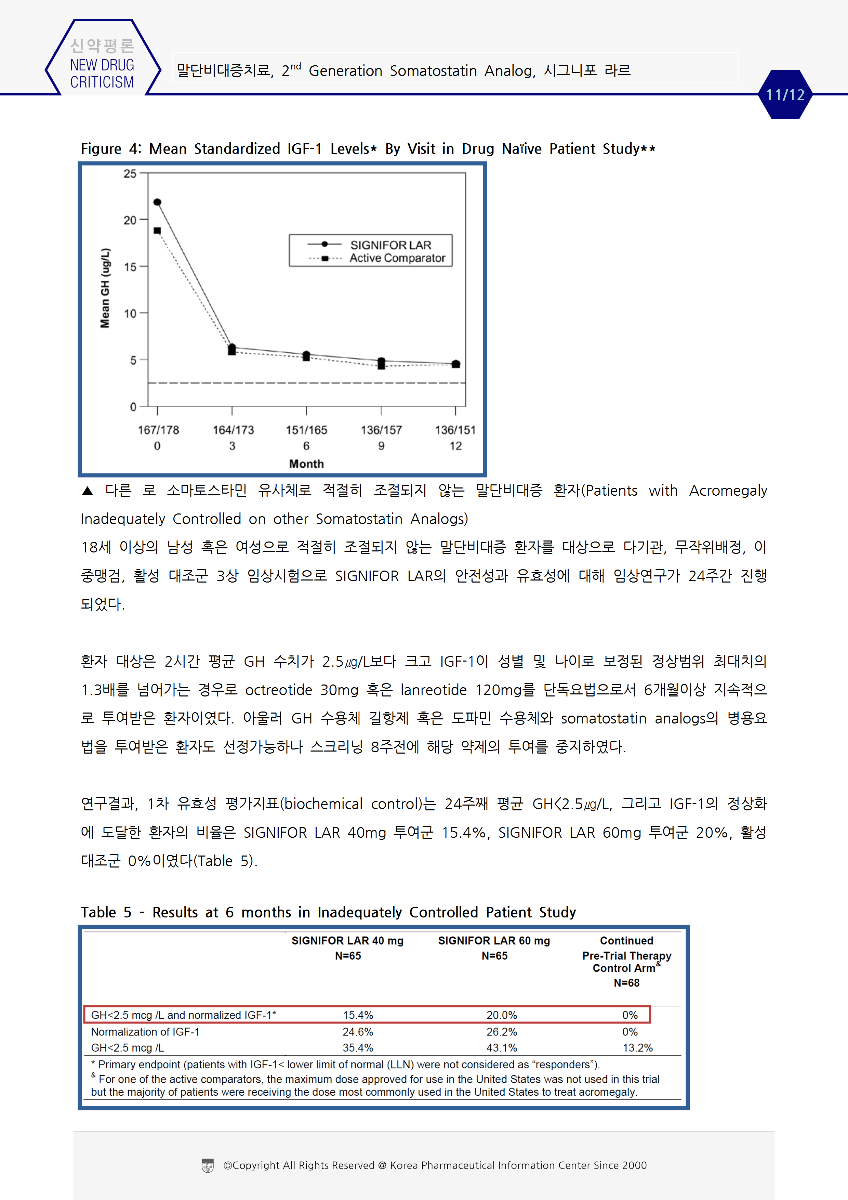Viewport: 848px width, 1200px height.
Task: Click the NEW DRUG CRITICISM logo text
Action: (x=102, y=73)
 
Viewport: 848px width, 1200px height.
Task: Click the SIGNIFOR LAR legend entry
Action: (x=390, y=245)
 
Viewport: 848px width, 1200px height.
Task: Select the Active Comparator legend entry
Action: (x=397, y=258)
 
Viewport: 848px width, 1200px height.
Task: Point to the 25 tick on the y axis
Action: (x=130, y=173)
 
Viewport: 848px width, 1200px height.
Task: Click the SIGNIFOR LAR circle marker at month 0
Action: (x=157, y=202)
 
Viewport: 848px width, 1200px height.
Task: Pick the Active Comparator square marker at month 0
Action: (x=157, y=231)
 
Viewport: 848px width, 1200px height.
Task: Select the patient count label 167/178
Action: (x=158, y=430)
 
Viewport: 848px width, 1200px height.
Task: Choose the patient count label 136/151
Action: (x=455, y=430)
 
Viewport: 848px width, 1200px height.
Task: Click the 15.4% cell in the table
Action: (x=358, y=1015)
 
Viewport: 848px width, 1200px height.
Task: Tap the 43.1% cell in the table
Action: (x=502, y=1048)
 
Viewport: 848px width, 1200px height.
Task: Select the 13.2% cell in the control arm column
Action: (x=637, y=1048)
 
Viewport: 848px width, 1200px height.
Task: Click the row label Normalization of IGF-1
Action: (x=145, y=1032)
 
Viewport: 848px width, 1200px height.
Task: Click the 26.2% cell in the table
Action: (x=502, y=1032)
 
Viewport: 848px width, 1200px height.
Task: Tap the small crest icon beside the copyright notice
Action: (x=208, y=1165)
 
